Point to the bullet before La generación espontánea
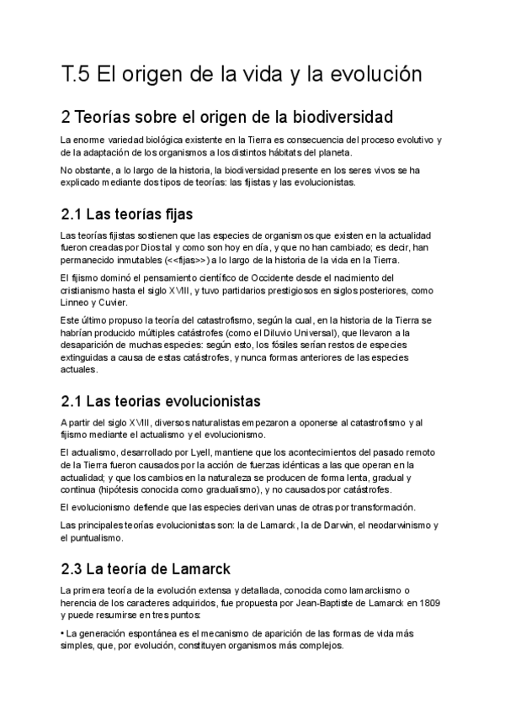click(63, 633)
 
